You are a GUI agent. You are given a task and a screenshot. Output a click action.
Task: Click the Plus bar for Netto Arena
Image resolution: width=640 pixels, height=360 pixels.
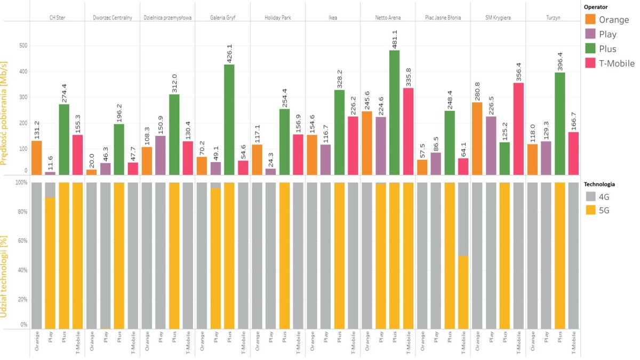394,113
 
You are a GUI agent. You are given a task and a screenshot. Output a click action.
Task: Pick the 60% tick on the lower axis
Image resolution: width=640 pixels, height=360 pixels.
20,241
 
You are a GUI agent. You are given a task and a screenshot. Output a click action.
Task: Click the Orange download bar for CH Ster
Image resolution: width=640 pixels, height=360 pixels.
36,157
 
